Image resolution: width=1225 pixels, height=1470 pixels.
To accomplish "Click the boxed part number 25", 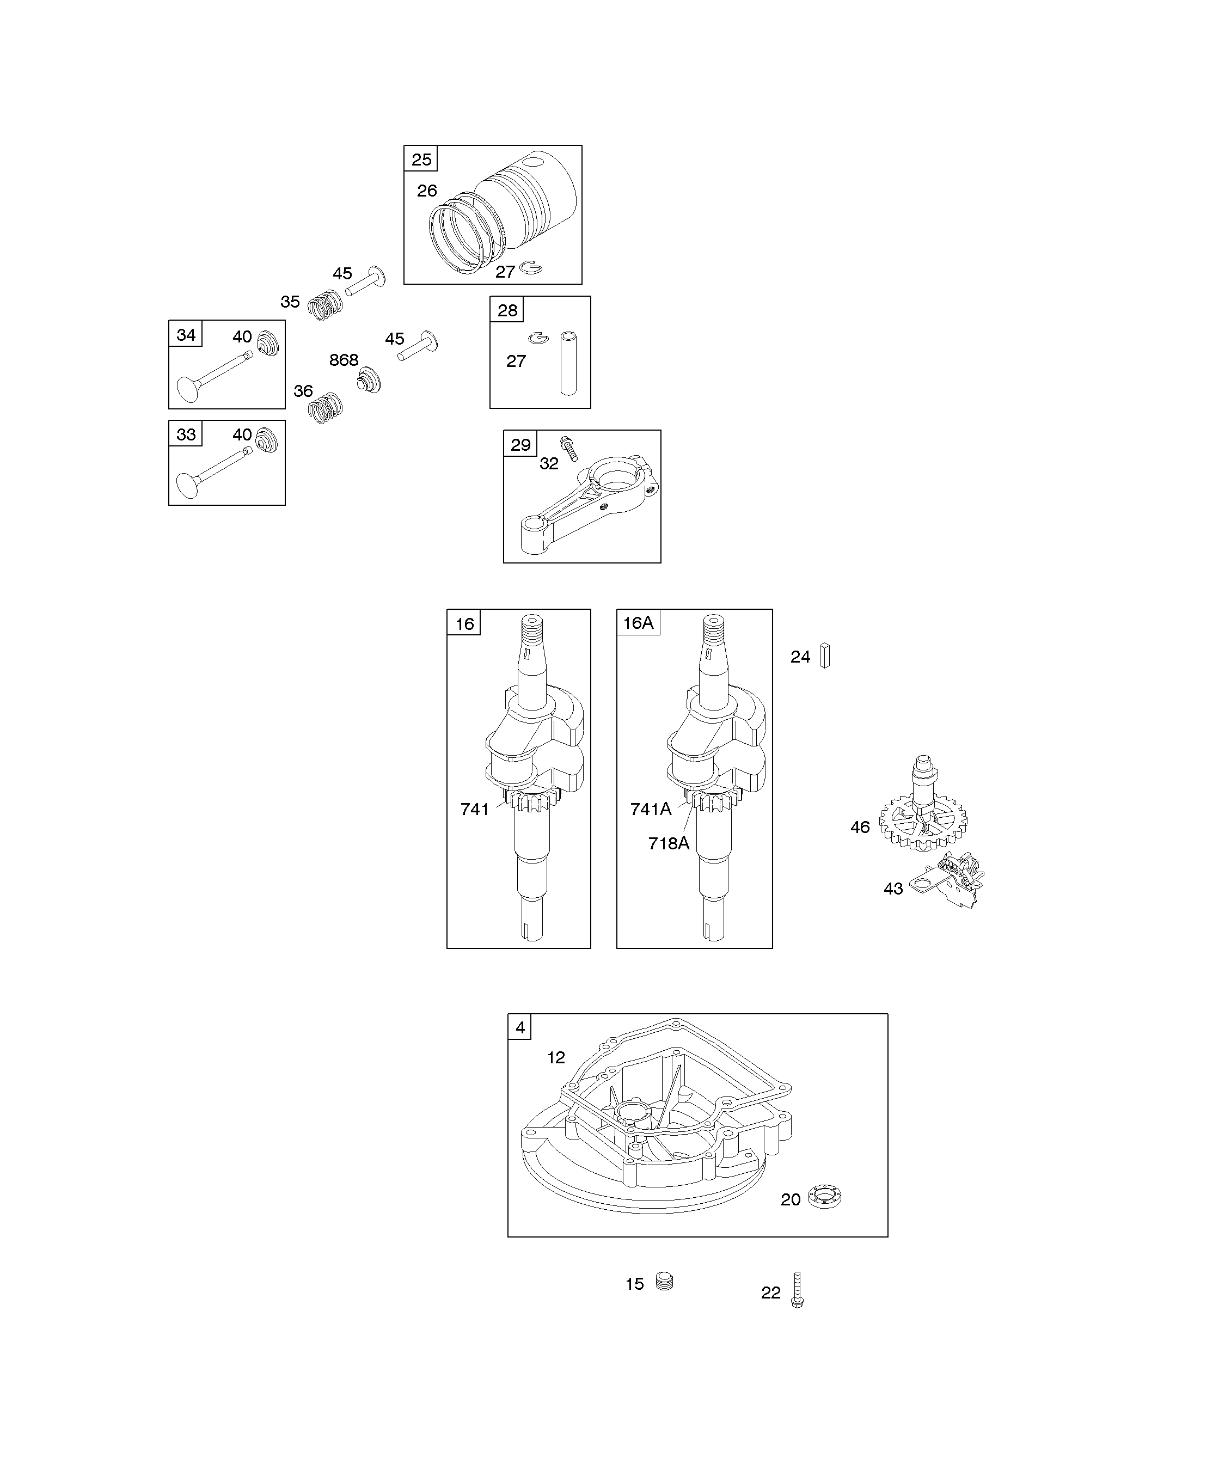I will pyautogui.click(x=421, y=160).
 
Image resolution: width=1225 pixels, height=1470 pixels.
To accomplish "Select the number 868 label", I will pyautogui.click(x=344, y=360).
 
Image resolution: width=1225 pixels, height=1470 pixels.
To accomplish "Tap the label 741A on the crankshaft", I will pyautogui.click(x=650, y=809).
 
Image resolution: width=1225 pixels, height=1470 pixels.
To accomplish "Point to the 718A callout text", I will pyautogui.click(x=669, y=843).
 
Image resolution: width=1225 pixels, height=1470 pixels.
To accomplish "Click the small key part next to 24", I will pyautogui.click(x=825, y=656).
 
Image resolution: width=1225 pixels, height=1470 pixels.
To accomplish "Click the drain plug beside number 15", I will pyautogui.click(x=664, y=1282).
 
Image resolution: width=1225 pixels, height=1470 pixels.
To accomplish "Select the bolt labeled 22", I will pyautogui.click(x=797, y=1290).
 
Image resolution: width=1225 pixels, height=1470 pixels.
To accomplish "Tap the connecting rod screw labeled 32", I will pyautogui.click(x=568, y=448).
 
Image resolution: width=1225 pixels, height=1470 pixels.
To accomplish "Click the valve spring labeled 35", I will pyautogui.click(x=326, y=304).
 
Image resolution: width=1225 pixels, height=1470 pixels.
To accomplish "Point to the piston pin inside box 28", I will pyautogui.click(x=568, y=363).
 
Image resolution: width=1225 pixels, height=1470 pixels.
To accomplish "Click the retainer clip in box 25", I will pyautogui.click(x=531, y=267).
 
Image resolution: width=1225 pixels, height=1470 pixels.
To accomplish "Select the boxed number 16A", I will pyautogui.click(x=638, y=622).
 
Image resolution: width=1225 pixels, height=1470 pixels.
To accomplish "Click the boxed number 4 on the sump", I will pyautogui.click(x=520, y=1027).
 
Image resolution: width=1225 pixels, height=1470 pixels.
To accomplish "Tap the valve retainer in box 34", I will pyautogui.click(x=267, y=343).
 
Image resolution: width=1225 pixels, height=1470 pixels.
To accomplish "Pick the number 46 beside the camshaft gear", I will pyautogui.click(x=860, y=828).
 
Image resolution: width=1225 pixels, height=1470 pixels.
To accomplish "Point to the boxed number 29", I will pyautogui.click(x=520, y=444).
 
